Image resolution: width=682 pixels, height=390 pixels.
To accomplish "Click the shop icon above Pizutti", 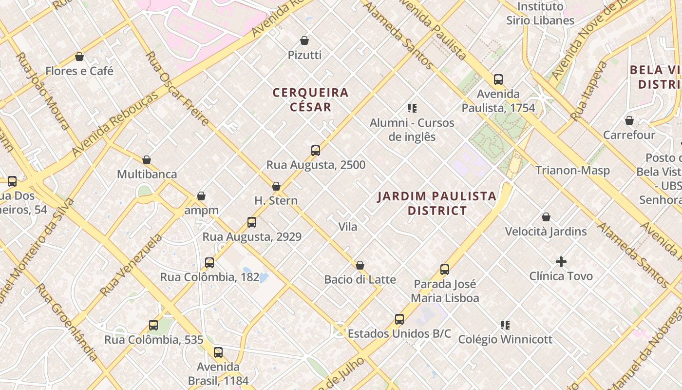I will pos(304,40).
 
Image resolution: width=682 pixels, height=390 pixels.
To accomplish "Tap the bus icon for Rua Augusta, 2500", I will pos(316,151).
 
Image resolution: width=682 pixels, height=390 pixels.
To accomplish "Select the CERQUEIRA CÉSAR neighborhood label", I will pos(310,99).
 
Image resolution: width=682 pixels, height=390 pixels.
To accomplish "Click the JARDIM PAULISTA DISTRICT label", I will pos(437,203).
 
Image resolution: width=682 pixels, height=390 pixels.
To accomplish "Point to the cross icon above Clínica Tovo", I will pos(561,262).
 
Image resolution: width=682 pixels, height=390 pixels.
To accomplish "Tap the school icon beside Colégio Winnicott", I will pos(505,325).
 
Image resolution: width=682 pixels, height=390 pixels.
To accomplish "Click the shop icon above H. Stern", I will pos(276,186).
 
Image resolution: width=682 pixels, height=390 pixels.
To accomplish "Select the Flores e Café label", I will pos(79,71).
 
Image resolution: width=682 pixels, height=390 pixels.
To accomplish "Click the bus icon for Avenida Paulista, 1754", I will pos(498,79).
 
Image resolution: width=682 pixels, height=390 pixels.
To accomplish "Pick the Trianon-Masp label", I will pos(572,171).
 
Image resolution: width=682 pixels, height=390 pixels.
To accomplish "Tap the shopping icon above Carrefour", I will pos(629,120).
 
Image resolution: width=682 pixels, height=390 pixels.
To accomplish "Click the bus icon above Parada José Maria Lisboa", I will pos(445,270).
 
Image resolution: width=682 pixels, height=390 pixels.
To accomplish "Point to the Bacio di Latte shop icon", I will pos(360,265).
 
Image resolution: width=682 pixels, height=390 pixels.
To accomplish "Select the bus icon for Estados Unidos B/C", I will pos(399,320).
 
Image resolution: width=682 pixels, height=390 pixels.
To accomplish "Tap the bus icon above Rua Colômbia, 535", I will pos(153,325).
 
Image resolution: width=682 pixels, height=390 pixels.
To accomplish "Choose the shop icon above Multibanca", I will pos(147,160).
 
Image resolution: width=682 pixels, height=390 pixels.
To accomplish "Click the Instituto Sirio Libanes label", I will pos(540,14).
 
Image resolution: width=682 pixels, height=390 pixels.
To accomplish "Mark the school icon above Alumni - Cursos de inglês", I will pos(412,108).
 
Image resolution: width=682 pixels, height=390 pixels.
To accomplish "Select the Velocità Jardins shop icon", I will pos(546,217).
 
